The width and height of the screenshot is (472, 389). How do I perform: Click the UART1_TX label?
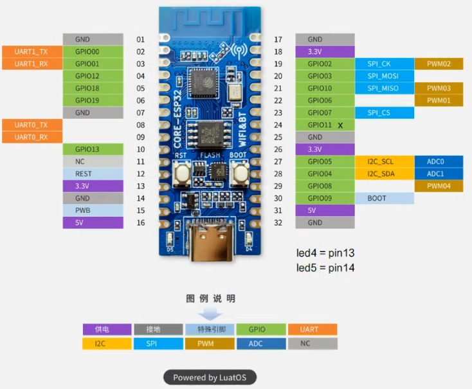coord(32,51)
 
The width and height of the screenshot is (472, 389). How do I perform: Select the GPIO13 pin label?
coord(93,149)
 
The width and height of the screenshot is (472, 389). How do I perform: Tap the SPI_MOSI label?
coord(383,76)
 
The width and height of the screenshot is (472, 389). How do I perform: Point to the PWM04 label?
coord(439,186)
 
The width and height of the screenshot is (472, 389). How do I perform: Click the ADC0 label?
coord(439,161)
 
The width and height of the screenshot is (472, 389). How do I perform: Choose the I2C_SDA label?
coord(383,174)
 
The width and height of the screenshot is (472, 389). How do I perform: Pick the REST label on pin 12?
coord(93,174)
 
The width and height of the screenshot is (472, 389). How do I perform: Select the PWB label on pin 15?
coord(93,210)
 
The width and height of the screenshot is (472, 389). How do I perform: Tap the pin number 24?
coord(278,125)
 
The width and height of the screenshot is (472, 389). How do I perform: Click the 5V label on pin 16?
coord(93,222)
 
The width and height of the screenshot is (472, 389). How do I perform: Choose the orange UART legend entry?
coord(313,329)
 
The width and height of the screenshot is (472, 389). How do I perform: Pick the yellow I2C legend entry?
coord(107,344)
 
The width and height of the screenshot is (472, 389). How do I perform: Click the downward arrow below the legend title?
coord(210,314)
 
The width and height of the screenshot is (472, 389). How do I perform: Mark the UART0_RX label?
coord(32,137)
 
